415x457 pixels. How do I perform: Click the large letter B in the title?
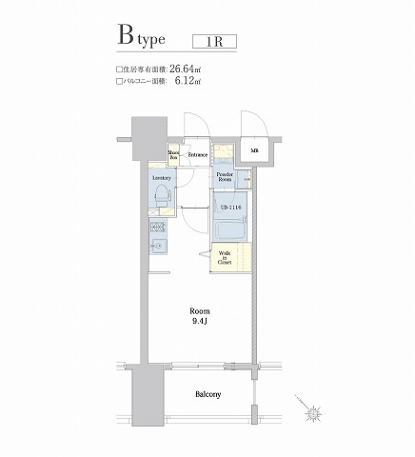127,37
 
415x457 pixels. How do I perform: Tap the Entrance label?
198,154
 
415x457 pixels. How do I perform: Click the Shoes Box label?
174,154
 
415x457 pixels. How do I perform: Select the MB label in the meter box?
254,151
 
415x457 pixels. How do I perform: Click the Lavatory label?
161,178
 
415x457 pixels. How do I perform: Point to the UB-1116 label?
230,208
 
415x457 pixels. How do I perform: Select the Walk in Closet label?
225,257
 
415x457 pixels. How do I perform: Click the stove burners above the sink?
158,228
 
